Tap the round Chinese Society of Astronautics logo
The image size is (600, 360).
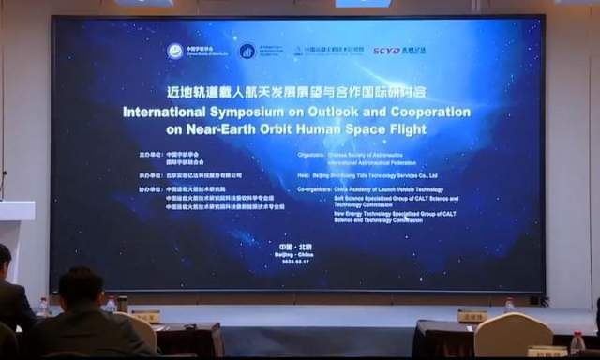pyautogui.click(x=175, y=51)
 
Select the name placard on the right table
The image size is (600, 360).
pyautogui.click(x=472, y=316)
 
